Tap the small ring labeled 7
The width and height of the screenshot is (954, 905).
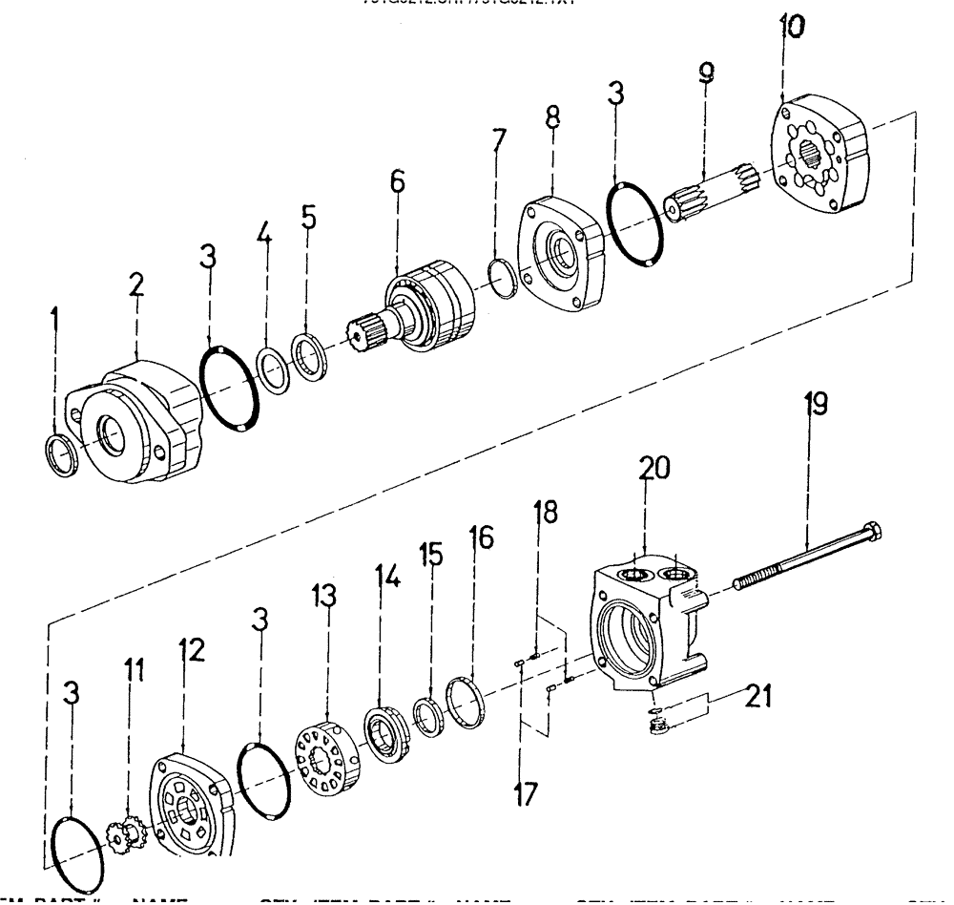(x=505, y=268)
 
